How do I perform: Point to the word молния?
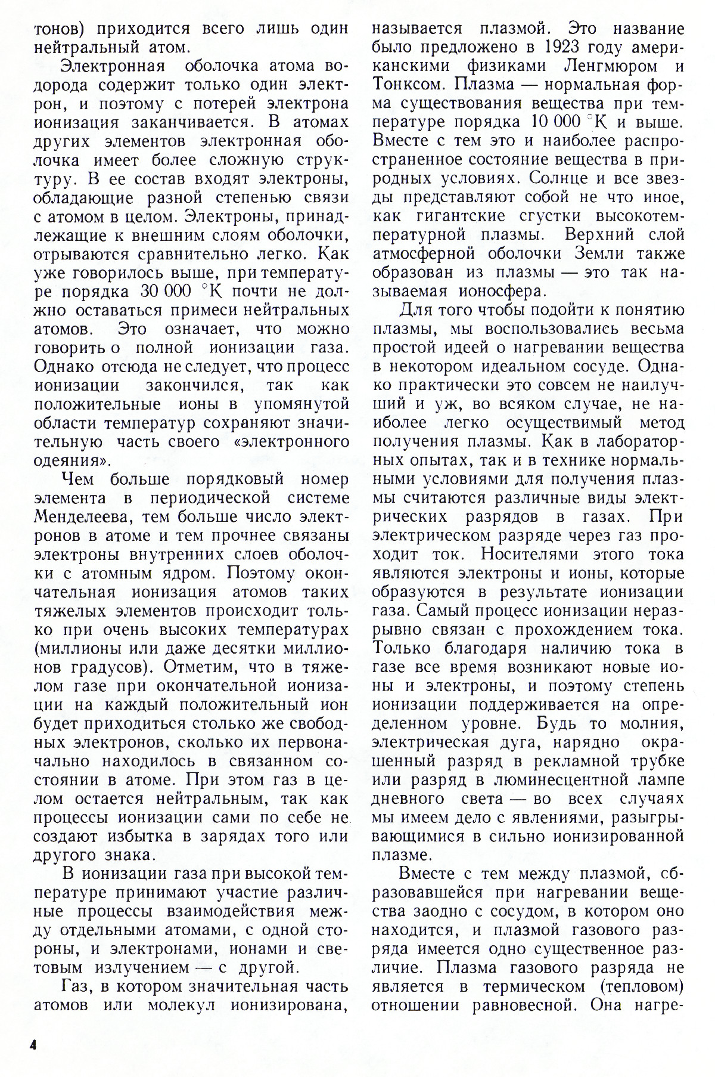point(652,724)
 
